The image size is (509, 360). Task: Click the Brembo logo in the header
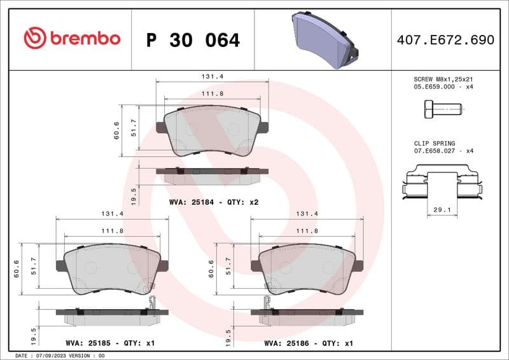click(72, 38)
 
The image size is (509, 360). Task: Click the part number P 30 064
click(193, 40)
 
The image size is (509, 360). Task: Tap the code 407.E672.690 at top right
click(445, 40)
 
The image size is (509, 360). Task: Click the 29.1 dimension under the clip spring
click(442, 209)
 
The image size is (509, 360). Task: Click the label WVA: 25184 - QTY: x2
click(214, 202)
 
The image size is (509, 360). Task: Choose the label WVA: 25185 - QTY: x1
click(111, 343)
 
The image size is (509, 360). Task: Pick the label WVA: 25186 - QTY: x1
click(309, 343)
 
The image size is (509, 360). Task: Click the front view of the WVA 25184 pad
click(212, 130)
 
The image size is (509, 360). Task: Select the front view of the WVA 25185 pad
click(113, 270)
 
